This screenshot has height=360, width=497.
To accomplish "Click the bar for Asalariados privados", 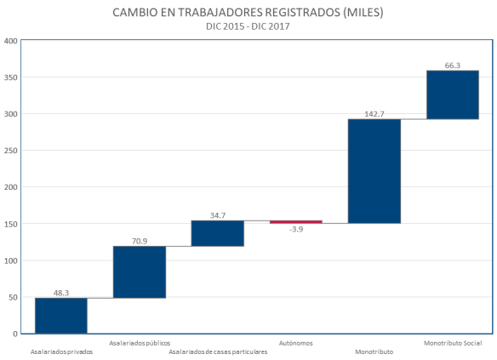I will (x=60, y=315).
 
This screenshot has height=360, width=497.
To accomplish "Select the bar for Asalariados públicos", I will (x=139, y=272).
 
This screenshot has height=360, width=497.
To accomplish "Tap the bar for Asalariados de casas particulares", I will (x=217, y=233).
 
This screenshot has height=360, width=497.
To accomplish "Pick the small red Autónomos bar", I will (x=295, y=222).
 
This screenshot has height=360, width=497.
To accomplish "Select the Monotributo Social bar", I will (x=452, y=94).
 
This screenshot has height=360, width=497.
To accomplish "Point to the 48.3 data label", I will (x=60, y=292).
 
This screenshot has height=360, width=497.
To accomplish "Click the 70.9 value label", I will (x=139, y=240).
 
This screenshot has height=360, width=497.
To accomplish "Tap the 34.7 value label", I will (x=217, y=215).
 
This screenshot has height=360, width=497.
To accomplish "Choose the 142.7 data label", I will (x=374, y=113).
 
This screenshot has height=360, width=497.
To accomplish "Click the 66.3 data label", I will (x=452, y=65).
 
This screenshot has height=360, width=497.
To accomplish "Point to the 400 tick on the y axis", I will (x=11, y=41).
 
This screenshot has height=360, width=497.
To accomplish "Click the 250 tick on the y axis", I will (x=11, y=151).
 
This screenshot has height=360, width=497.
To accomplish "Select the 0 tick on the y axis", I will (x=15, y=334).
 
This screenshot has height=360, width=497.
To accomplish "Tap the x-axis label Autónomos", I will (x=295, y=343).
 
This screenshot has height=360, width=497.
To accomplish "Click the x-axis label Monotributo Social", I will (x=452, y=343).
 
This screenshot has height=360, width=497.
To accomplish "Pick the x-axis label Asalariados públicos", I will (x=139, y=343).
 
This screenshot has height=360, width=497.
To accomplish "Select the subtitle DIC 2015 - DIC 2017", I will (x=248, y=26).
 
